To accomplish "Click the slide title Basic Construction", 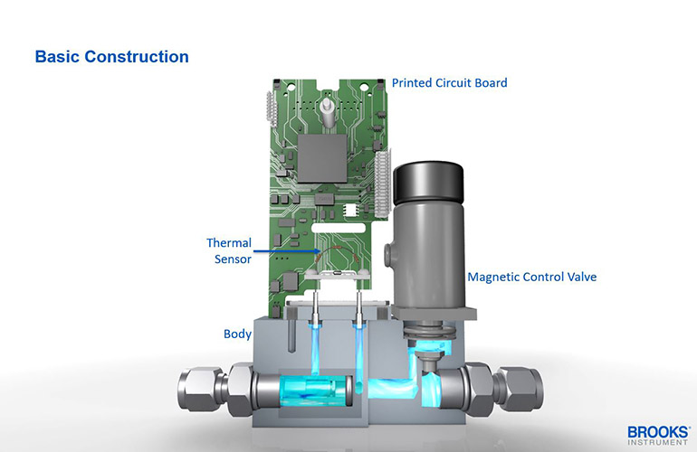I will (111, 56).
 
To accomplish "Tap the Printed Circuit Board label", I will (449, 83).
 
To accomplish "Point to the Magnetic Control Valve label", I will (531, 277).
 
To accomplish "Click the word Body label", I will (237, 334).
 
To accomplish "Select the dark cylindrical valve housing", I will (426, 235).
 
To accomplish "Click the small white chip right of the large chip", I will (352, 209).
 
